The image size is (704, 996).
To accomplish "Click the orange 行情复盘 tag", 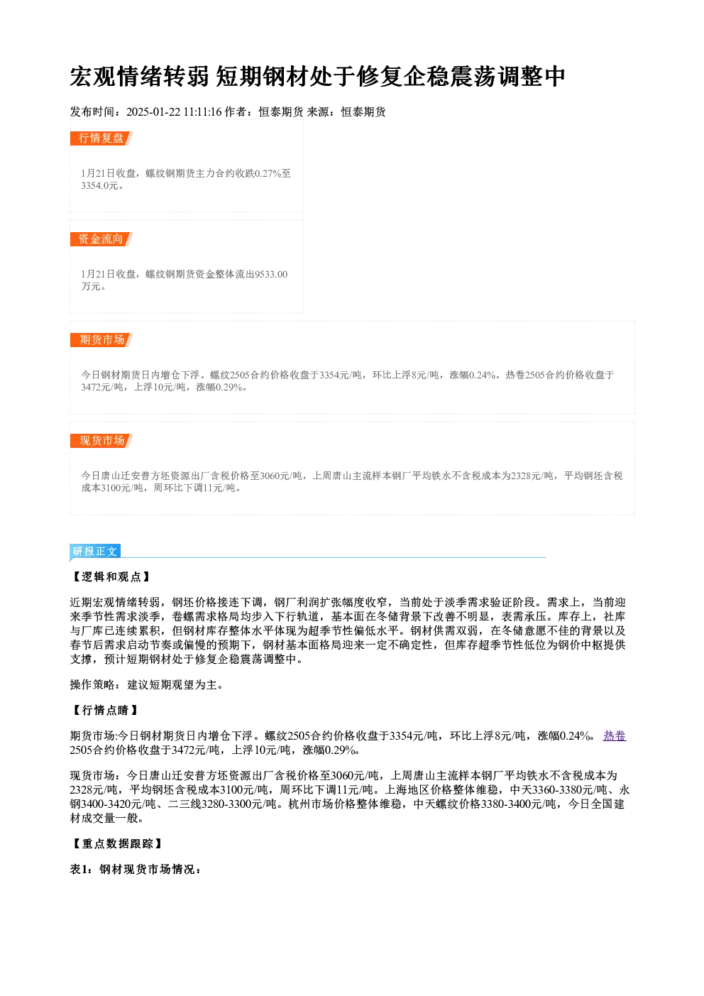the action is point(101,138).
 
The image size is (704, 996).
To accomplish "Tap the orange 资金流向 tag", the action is point(101,239).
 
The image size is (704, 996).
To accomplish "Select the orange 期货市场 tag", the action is point(101,340).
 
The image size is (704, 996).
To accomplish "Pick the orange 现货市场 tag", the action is point(101,441).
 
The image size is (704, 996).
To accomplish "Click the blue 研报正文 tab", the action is point(95,552).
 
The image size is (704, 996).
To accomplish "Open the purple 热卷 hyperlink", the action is point(614,736).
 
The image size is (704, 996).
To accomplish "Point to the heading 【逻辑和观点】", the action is point(111,577).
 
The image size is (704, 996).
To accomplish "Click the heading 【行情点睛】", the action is point(105,710).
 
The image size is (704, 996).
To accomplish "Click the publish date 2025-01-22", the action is point(153,112).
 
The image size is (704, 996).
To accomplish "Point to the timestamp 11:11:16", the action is point(202,112).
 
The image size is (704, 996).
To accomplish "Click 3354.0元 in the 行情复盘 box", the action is point(100,186).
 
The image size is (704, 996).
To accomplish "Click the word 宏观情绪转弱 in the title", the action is point(139,77).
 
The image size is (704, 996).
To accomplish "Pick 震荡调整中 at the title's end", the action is point(507,77).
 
